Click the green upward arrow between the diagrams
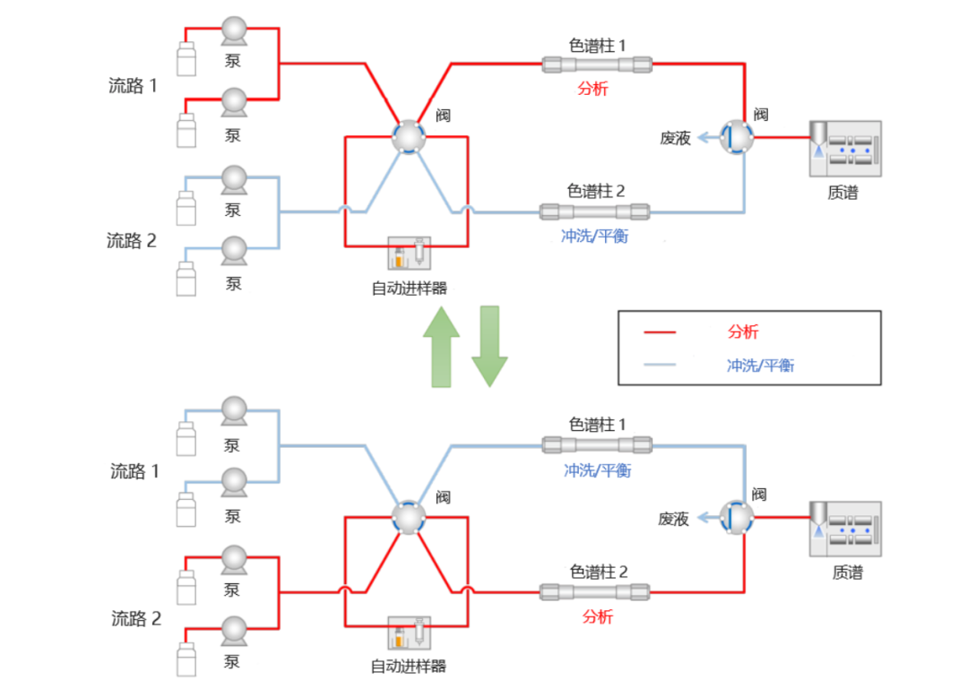[x=442, y=347]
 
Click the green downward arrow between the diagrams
[x=489, y=347]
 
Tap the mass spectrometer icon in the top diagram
[x=845, y=147]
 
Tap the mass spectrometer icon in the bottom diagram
[x=845, y=528]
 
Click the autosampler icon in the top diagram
[x=409, y=254]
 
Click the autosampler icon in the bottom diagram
[x=409, y=634]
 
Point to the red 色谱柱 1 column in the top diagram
[x=597, y=64]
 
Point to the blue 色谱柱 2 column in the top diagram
[x=595, y=212]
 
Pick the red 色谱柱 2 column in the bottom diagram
[x=595, y=591]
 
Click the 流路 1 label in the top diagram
[x=131, y=86]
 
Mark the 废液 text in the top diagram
[x=675, y=138]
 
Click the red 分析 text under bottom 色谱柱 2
[x=598, y=616]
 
